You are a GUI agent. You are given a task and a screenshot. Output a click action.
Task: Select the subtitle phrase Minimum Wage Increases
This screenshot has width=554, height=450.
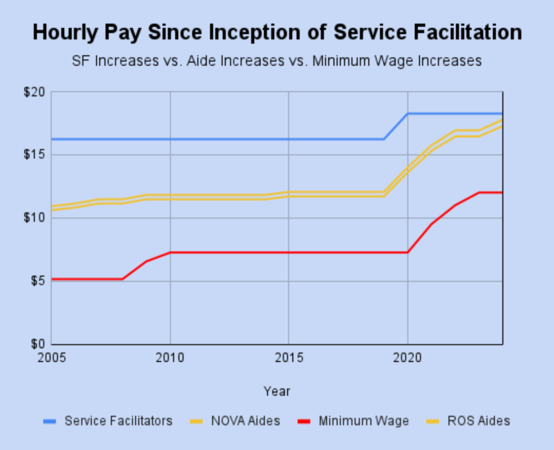click(x=397, y=60)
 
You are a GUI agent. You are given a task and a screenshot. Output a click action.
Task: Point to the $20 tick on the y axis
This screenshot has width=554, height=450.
click(x=35, y=92)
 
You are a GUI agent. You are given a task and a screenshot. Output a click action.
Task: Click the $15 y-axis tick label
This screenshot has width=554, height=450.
click(x=35, y=155)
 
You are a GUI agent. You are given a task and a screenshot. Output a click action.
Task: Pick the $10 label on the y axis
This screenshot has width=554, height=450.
click(x=35, y=218)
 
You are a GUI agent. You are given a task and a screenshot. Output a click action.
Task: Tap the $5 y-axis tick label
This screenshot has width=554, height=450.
click(x=37, y=281)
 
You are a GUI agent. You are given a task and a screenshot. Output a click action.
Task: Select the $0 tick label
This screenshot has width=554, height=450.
click(x=37, y=344)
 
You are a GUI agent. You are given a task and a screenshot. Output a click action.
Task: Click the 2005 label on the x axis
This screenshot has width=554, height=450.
click(x=51, y=358)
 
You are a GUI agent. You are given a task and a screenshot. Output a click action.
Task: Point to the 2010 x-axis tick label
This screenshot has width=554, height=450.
click(x=170, y=358)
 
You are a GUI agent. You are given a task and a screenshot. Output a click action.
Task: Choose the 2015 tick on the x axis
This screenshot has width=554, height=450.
click(x=289, y=358)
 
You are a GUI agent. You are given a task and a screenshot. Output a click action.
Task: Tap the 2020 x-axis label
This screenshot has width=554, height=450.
click(x=408, y=358)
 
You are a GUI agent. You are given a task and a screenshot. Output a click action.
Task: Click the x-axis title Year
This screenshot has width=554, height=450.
click(x=277, y=392)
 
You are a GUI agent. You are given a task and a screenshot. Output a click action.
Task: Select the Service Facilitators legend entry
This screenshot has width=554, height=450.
click(x=118, y=421)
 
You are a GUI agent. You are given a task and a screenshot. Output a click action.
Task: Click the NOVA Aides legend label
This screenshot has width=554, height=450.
click(x=246, y=421)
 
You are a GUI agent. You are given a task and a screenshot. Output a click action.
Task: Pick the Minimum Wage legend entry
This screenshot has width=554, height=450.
click(x=363, y=421)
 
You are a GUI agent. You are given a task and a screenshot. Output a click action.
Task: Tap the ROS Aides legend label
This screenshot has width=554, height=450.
click(x=479, y=421)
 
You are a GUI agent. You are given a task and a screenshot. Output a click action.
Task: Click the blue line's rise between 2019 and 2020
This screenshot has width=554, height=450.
click(x=396, y=126)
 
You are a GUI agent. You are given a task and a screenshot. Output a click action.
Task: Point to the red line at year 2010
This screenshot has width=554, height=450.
click(x=170, y=252)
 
